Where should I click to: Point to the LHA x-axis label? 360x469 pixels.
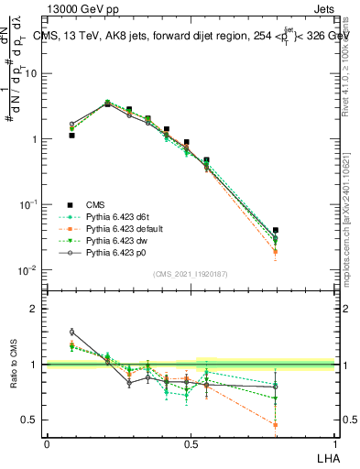(328, 457)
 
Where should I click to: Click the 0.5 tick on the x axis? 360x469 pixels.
(191, 445)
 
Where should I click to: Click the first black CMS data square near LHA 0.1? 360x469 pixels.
(72, 136)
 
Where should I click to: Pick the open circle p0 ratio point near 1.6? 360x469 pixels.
(72, 332)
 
